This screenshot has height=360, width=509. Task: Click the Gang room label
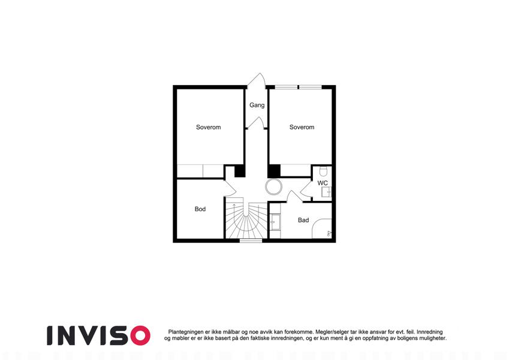click(257, 105)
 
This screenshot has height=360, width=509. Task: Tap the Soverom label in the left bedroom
click(209, 127)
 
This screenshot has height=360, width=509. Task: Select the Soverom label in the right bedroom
click(302, 127)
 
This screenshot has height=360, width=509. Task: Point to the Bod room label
click(200, 209)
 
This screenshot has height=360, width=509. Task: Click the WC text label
click(323, 183)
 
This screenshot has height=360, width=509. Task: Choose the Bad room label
click(303, 220)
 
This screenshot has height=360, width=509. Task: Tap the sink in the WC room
click(327, 192)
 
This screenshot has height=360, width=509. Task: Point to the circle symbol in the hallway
click(274, 187)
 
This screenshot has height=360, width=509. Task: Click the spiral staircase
click(246, 222)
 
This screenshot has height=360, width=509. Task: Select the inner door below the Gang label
click(257, 123)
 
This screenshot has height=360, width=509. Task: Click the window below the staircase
click(251, 241)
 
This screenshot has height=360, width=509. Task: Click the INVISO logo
click(98, 335)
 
